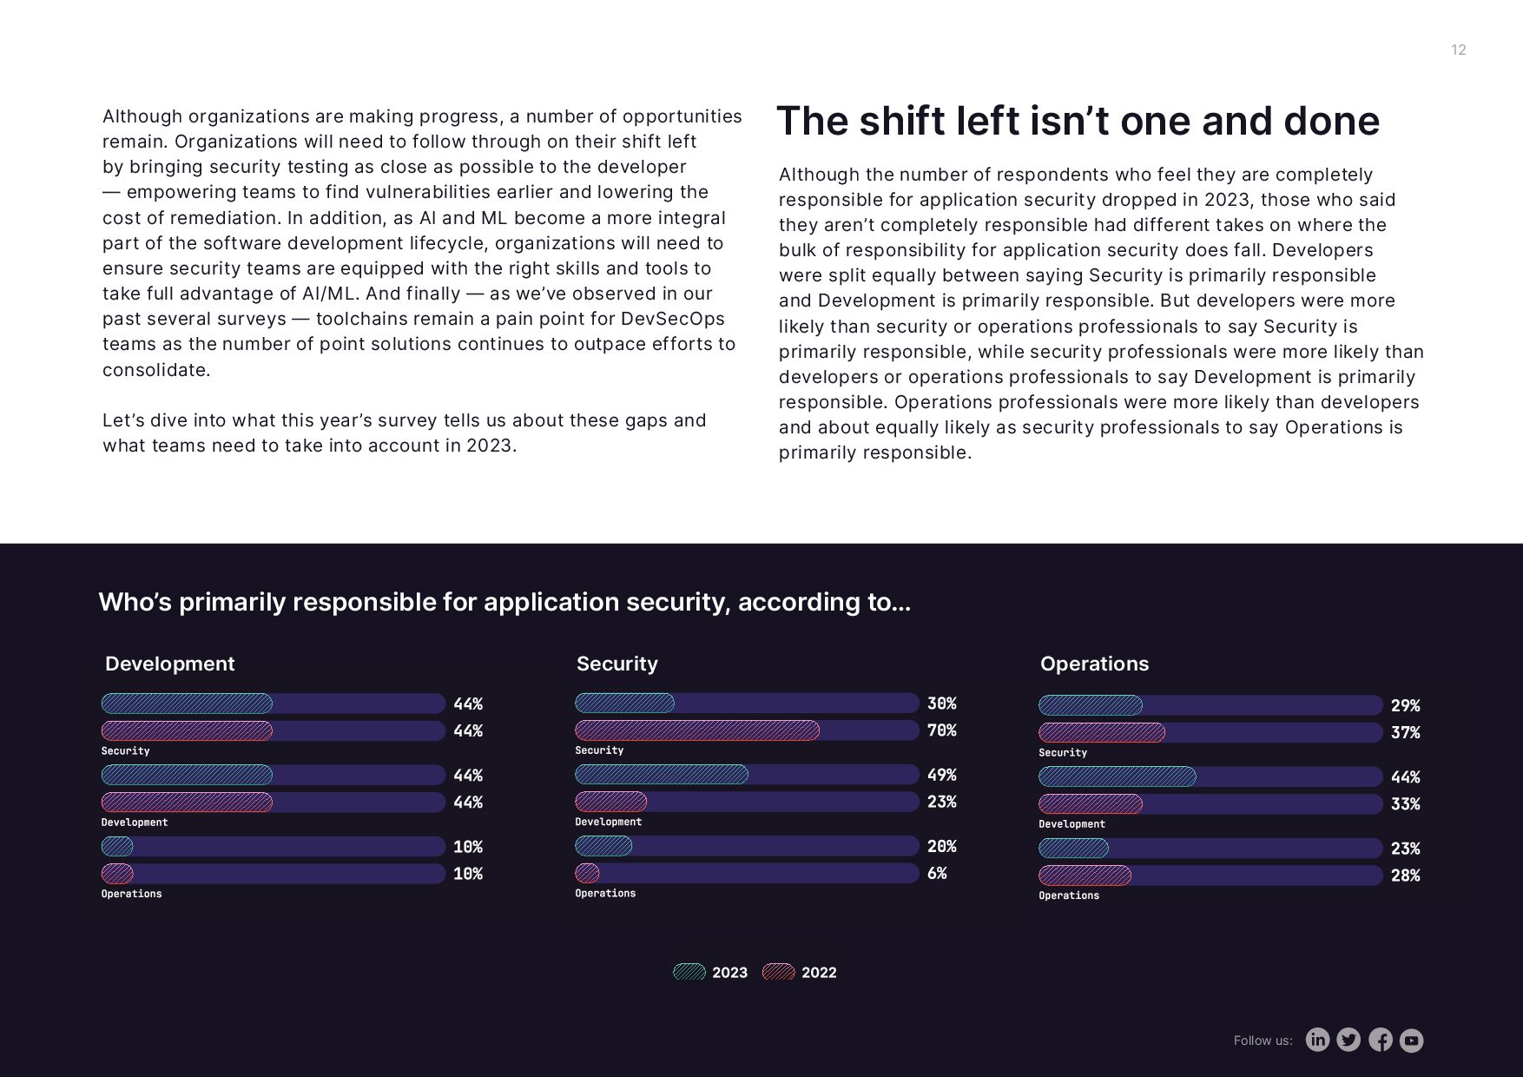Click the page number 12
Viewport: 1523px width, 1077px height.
click(x=1458, y=50)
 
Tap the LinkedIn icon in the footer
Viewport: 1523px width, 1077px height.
click(x=1317, y=1040)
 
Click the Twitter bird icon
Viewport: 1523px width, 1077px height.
click(x=1348, y=1040)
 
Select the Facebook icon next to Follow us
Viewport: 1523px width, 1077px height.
click(x=1381, y=1040)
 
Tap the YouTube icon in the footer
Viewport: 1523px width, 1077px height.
click(x=1412, y=1040)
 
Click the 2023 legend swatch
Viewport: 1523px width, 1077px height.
click(x=689, y=972)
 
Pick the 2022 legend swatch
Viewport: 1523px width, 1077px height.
click(x=778, y=972)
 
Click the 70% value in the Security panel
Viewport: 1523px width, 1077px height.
click(x=941, y=730)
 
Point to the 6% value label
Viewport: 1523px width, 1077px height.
click(x=937, y=873)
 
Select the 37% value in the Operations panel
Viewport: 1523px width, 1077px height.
click(x=1405, y=733)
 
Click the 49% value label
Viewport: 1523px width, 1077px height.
click(x=941, y=775)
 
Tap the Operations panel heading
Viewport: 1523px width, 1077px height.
click(x=1094, y=664)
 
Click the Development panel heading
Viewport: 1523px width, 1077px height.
click(x=169, y=664)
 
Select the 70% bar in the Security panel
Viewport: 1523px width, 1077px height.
click(x=697, y=730)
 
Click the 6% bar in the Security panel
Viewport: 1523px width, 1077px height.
click(x=587, y=873)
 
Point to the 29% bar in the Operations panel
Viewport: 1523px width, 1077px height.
click(x=1091, y=705)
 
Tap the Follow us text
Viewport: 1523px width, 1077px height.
click(x=1263, y=1041)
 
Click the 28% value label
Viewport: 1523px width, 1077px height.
click(x=1405, y=875)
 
